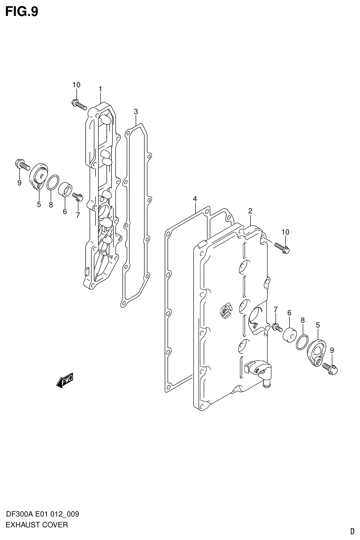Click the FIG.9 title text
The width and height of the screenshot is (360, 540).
(x=22, y=11)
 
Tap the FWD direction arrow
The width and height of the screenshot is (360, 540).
(x=65, y=381)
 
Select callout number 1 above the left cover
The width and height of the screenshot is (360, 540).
(x=100, y=89)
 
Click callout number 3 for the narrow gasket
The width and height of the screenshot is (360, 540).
(x=136, y=111)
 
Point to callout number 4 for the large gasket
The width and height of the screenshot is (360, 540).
(x=194, y=199)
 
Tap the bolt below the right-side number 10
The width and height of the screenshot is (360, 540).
(x=282, y=247)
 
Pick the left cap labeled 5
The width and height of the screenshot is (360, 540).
(x=38, y=176)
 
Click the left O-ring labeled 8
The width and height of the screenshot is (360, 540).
(x=53, y=182)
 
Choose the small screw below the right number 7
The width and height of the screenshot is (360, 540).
(x=276, y=327)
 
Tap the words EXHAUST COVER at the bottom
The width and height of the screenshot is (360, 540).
(x=37, y=525)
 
